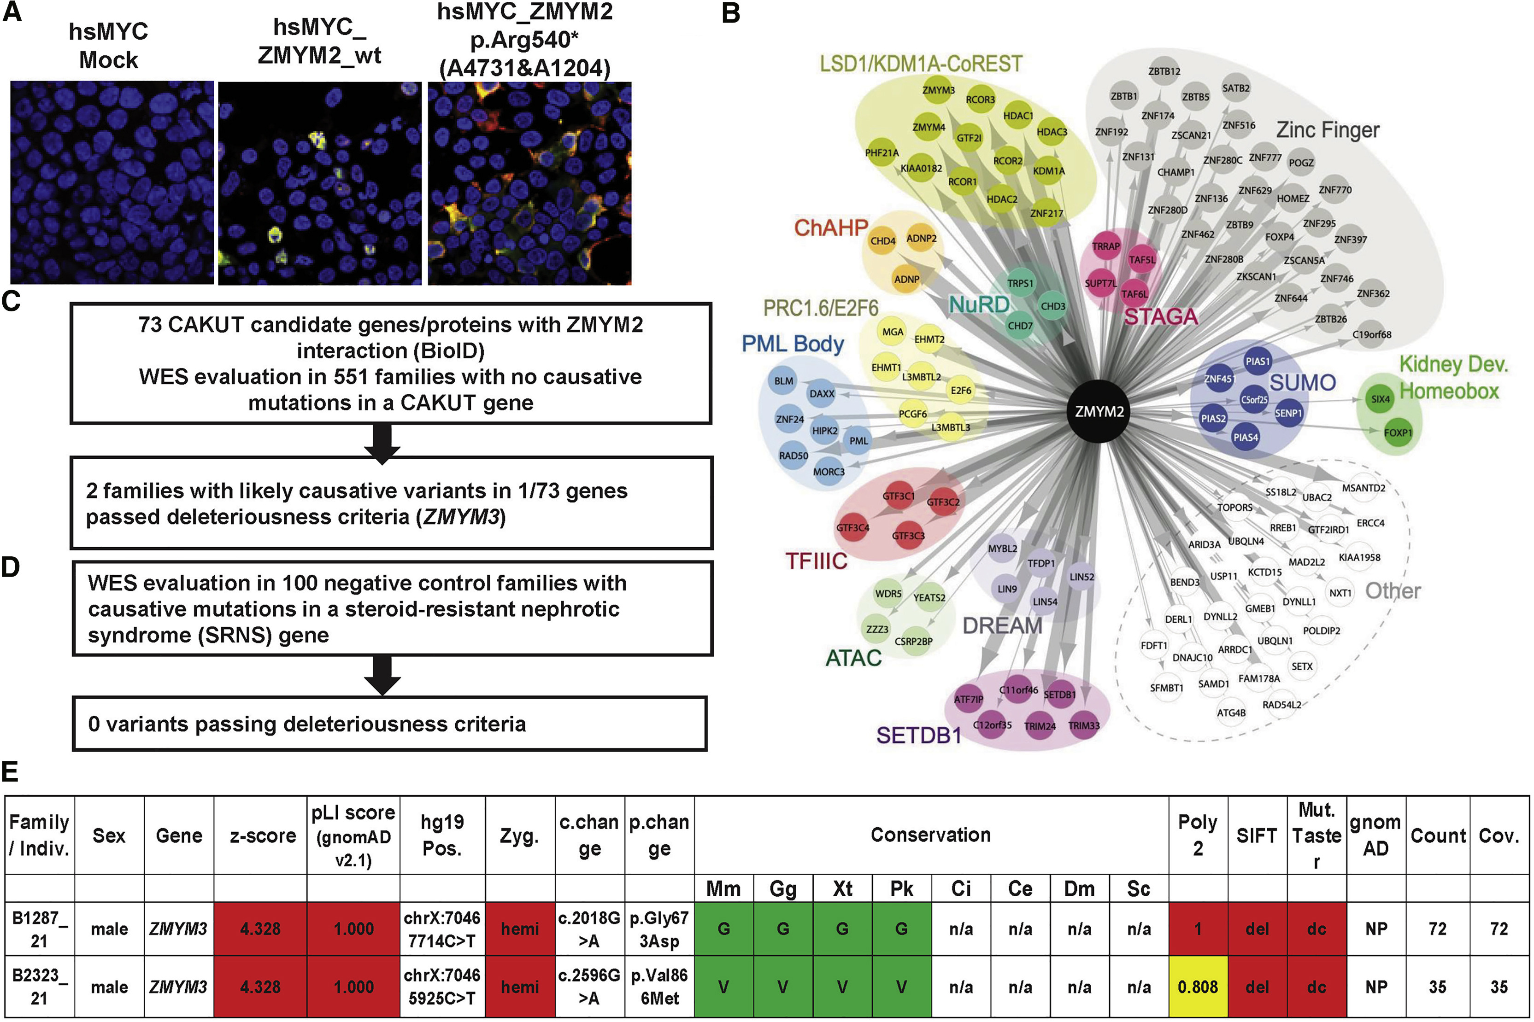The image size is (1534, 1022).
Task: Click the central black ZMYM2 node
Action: click(1099, 411)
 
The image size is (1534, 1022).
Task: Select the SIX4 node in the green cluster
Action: click(1380, 399)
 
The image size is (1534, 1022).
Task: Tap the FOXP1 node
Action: click(1397, 432)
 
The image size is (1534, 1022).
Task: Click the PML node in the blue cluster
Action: click(858, 441)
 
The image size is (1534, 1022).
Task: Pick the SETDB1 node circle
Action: click(1059, 695)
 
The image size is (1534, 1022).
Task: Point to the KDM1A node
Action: click(1048, 171)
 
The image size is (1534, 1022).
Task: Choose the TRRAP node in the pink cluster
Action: click(1105, 246)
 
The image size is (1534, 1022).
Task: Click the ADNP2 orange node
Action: click(921, 239)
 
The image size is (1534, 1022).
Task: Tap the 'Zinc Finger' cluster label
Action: click(1328, 130)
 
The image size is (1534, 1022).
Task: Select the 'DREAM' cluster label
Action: click(1002, 626)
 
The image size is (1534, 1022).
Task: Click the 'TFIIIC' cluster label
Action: click(816, 561)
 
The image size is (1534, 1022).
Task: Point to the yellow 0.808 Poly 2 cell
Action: click(1198, 987)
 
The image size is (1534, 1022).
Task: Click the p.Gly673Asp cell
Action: click(659, 929)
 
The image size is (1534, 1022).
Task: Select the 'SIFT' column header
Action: click(1256, 835)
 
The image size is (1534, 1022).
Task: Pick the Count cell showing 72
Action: click(1438, 929)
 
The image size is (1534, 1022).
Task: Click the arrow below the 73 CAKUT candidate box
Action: click(382, 442)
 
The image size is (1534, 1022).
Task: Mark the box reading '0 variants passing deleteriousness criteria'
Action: click(389, 724)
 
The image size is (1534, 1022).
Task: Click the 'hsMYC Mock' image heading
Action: click(108, 46)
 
